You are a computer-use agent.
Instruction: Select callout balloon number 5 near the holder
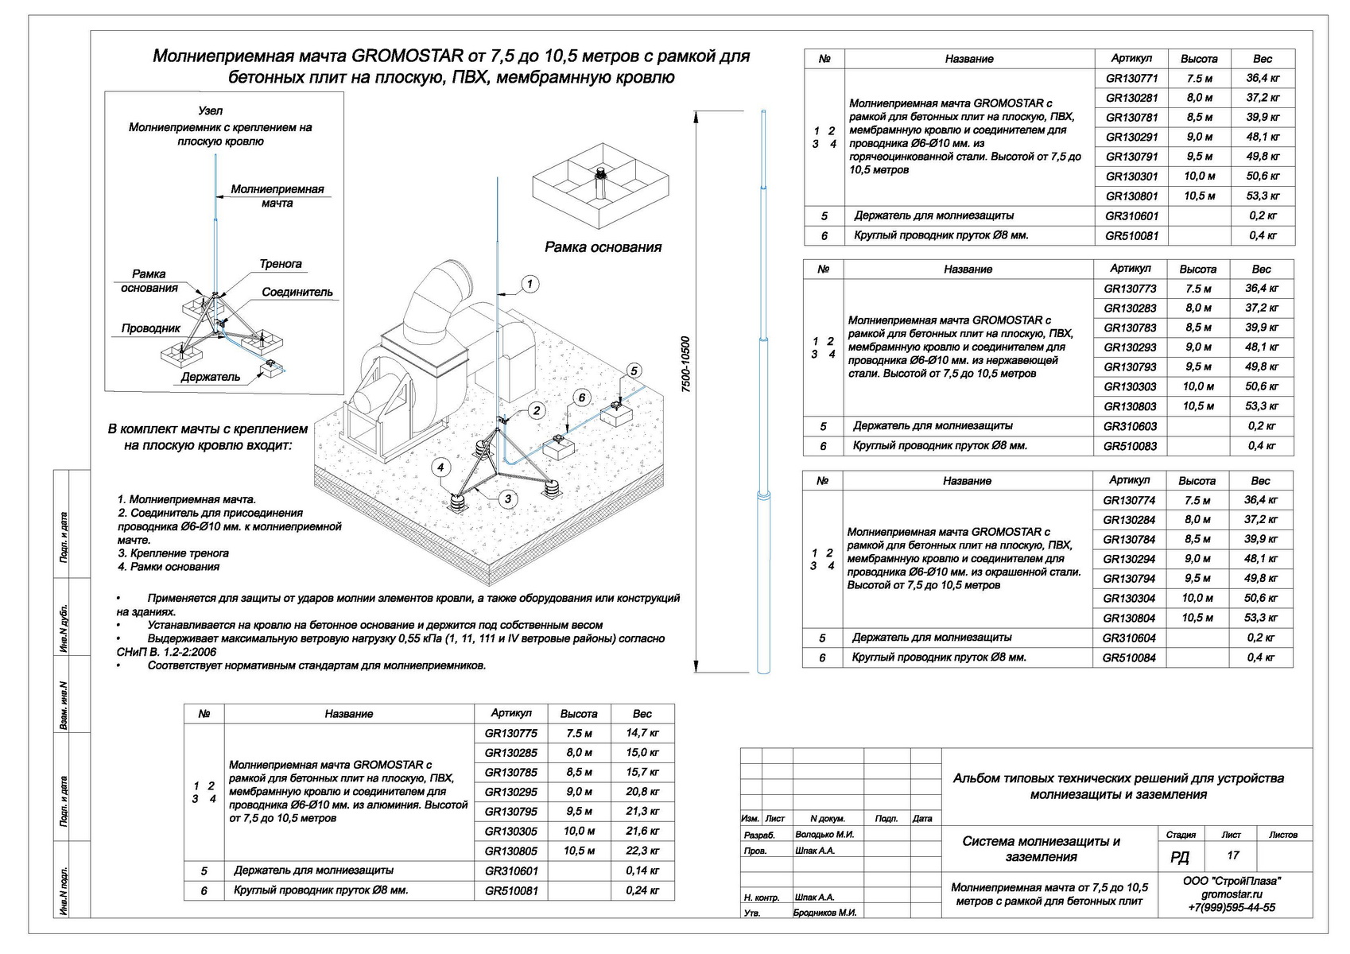pyautogui.click(x=634, y=370)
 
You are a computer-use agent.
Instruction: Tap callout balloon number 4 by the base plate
pyautogui.click(x=440, y=467)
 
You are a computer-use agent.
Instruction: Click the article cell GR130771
pyautogui.click(x=1131, y=79)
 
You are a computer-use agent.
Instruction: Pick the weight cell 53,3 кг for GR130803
pyautogui.click(x=1262, y=406)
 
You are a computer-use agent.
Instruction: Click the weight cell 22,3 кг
pyautogui.click(x=642, y=851)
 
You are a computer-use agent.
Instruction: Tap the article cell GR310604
pyautogui.click(x=1129, y=638)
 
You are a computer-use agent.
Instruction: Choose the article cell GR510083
pyautogui.click(x=1130, y=446)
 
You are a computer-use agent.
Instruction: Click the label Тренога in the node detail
pyautogui.click(x=280, y=264)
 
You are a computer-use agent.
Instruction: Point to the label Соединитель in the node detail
pyautogui.click(x=297, y=292)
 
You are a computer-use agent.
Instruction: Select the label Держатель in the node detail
pyautogui.click(x=210, y=377)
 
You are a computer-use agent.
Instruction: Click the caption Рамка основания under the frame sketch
pyautogui.click(x=603, y=247)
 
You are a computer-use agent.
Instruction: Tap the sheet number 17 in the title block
pyautogui.click(x=1233, y=855)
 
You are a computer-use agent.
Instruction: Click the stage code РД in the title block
pyautogui.click(x=1180, y=856)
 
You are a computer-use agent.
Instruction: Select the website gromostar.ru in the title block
pyautogui.click(x=1232, y=894)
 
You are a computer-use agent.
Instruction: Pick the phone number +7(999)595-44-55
pyautogui.click(x=1232, y=908)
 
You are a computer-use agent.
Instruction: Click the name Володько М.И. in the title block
pyautogui.click(x=824, y=835)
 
